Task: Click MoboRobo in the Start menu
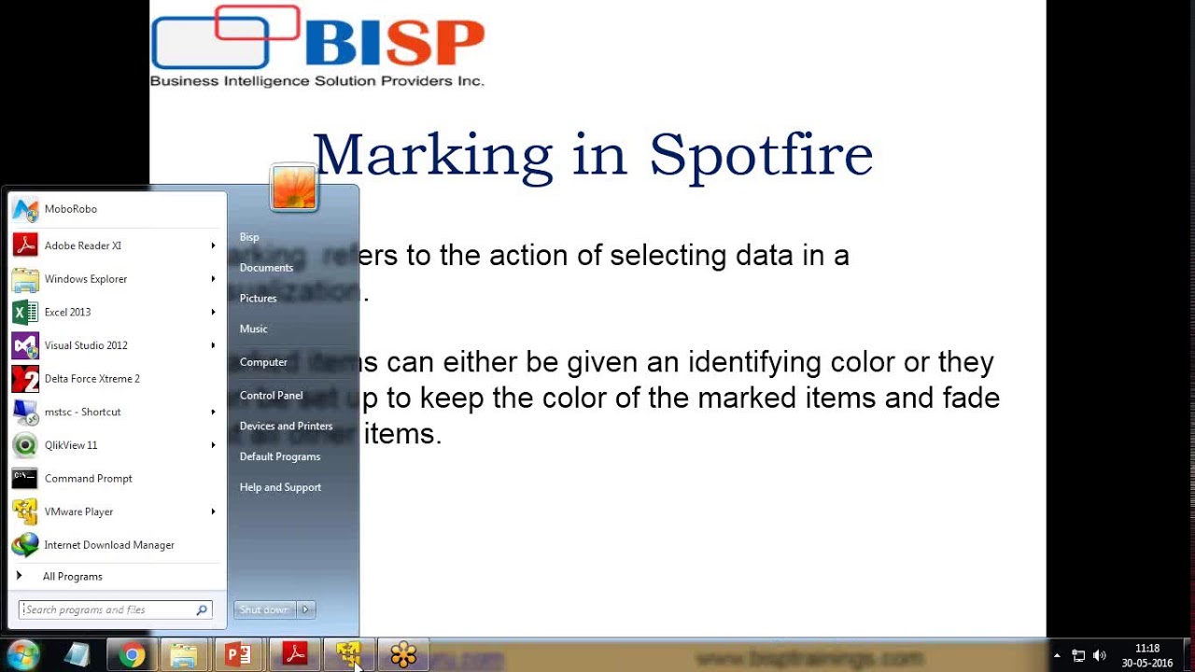coord(70,209)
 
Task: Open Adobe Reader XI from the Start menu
coord(82,245)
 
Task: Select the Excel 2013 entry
coord(67,313)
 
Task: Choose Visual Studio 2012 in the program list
coord(86,345)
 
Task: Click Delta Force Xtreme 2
coord(91,379)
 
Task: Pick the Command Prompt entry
coord(88,479)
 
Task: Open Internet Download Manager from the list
coord(108,545)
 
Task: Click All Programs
coord(72,577)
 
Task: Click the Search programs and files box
coord(107,610)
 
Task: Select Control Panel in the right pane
coord(271,396)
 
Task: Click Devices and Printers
coord(286,427)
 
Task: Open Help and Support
coord(280,487)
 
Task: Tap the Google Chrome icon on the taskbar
coord(132,655)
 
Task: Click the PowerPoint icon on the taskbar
coord(239,655)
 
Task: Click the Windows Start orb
coord(22,655)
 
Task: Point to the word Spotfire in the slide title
coord(761,155)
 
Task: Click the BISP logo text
coord(394,44)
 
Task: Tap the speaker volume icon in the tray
coord(1099,655)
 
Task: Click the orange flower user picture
coord(294,188)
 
